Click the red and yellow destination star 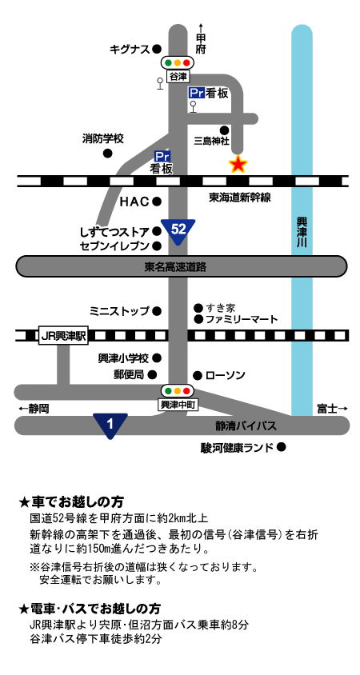[238, 164]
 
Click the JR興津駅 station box [63, 335]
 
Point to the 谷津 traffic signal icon [178, 63]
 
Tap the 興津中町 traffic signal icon [178, 391]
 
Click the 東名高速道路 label [175, 267]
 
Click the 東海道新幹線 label [239, 198]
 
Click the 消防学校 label [103, 139]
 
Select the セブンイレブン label [114, 246]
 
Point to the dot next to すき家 [198, 308]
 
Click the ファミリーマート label [242, 319]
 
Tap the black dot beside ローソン [198, 376]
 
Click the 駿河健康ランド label [237, 448]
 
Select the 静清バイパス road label [246, 426]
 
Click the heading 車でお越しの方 [78, 502]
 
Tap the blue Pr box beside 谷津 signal [196, 93]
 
